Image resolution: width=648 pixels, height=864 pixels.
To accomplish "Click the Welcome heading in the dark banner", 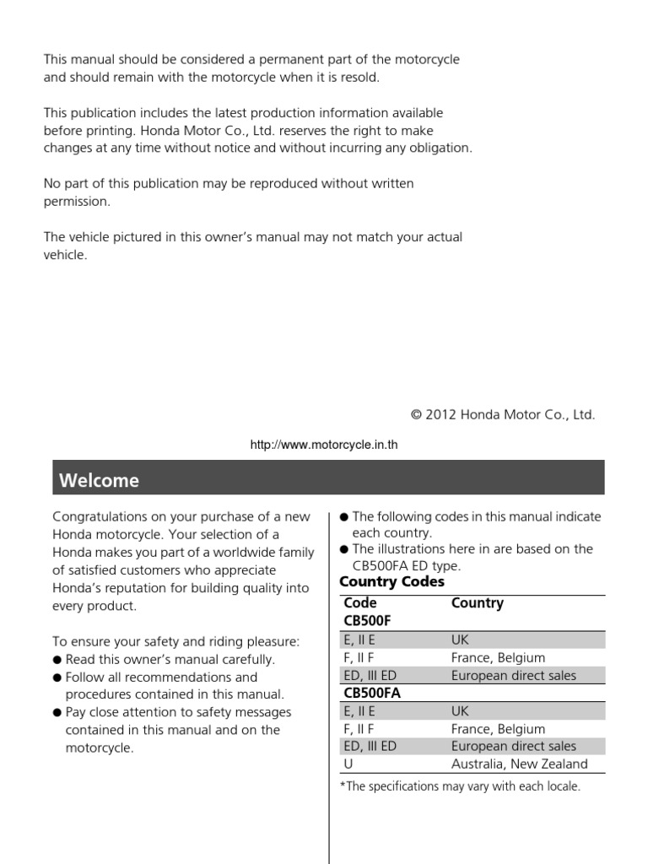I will coord(99,481).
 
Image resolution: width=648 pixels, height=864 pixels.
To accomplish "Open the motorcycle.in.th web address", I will coord(323,445).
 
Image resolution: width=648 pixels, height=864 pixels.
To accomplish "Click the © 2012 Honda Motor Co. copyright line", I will coord(502,414).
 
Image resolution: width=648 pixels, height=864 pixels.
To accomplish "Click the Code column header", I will coord(359,603).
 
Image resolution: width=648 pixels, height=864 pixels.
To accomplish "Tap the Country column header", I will coord(477,603).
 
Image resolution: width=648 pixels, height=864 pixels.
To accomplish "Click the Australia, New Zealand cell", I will coord(519,764).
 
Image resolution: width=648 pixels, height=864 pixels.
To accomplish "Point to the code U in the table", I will coord(347,764).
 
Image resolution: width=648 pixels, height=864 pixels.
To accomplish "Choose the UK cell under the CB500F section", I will coord(460,640).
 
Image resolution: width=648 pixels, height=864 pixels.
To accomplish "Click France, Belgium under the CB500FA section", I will coord(498,729).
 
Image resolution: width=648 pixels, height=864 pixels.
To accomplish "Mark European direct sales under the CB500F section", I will coord(513,675).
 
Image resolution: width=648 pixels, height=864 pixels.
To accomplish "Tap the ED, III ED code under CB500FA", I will coord(368,747).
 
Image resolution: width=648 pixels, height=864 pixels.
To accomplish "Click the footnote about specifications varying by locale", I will coord(460,786).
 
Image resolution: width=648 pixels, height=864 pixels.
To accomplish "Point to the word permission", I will coord(76,202).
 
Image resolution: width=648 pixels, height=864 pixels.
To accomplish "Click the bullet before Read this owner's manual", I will coord(57,660).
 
